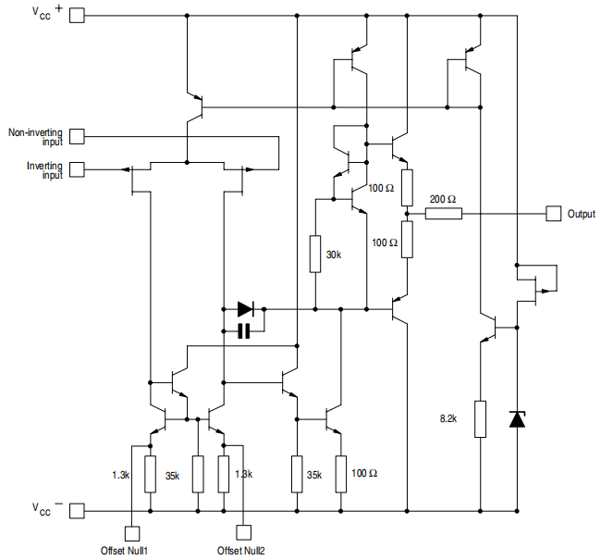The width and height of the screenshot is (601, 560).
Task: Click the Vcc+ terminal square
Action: pyautogui.click(x=77, y=16)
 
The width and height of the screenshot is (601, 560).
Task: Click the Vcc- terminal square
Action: pyautogui.click(x=77, y=510)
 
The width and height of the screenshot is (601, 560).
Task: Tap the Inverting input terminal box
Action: pyautogui.click(x=77, y=169)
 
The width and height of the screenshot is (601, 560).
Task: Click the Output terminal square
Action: pyautogui.click(x=553, y=213)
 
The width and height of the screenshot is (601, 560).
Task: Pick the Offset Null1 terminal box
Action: pyautogui.click(x=131, y=533)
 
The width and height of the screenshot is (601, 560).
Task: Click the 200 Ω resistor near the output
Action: pyautogui.click(x=443, y=214)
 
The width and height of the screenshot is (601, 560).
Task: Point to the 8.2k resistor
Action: pyautogui.click(x=480, y=418)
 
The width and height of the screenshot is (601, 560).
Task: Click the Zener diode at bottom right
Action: pyautogui.click(x=517, y=419)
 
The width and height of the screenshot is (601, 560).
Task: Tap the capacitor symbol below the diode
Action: pyautogui.click(x=244, y=330)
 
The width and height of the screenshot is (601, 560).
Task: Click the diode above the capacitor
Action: pyautogui.click(x=245, y=308)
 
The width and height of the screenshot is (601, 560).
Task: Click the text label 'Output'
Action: pyautogui.click(x=582, y=213)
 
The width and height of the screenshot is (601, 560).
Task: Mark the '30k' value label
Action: pyautogui.click(x=335, y=254)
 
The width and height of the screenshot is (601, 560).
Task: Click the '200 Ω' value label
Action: pyautogui.click(x=443, y=198)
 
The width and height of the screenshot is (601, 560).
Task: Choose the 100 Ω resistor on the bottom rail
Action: pyautogui.click(x=340, y=473)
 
